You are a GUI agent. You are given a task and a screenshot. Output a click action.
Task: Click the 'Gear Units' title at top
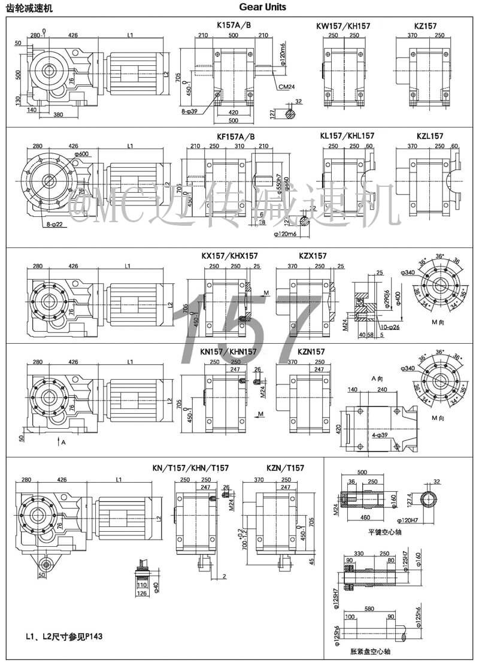tap(262, 7)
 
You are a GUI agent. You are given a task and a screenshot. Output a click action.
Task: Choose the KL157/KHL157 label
tap(347, 137)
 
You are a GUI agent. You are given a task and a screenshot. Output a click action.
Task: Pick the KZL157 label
tap(429, 137)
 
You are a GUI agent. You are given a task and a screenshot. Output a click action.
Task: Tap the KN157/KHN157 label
tap(229, 352)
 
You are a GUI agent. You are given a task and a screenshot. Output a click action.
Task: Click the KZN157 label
tap(311, 352)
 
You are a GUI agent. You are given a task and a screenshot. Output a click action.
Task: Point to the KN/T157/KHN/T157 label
tap(190, 468)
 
